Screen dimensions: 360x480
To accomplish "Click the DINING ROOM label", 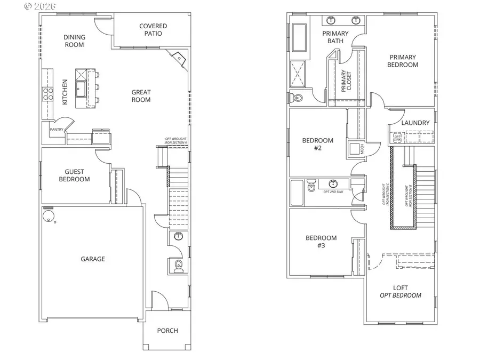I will point(74,41).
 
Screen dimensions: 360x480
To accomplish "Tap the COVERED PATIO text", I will point(153,30).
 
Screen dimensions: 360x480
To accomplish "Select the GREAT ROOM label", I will point(141,96).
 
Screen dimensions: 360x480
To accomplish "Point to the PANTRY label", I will point(57,130).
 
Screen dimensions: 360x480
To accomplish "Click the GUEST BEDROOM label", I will point(77,175).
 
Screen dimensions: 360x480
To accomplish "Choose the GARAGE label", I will point(93,259).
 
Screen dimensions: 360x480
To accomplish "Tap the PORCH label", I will point(167,331).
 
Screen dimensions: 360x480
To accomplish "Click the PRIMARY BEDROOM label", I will point(403,61).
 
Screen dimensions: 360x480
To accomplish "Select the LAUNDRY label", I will point(415,123).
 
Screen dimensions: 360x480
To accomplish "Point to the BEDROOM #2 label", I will point(317,145).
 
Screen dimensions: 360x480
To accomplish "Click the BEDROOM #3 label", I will point(321,242).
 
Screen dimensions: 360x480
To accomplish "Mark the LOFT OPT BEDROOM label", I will point(401,292).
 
